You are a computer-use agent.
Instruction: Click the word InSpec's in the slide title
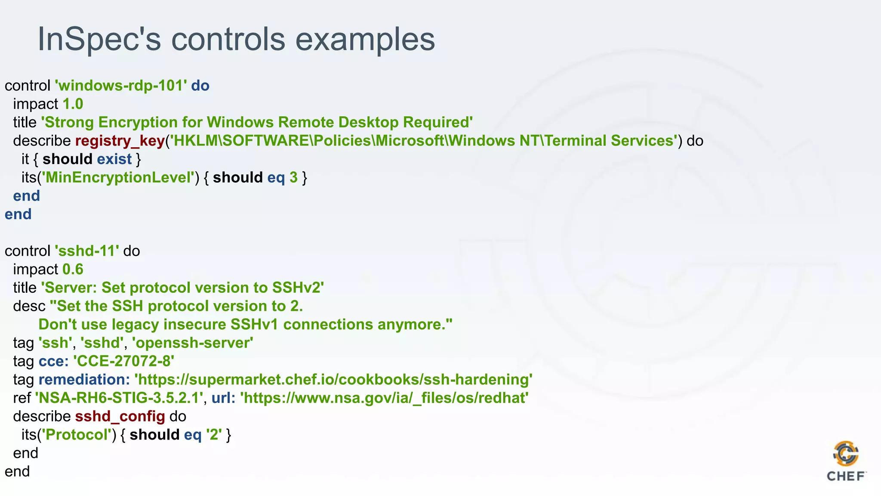99,40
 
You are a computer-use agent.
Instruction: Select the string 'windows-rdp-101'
120,86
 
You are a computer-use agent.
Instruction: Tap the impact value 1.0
73,104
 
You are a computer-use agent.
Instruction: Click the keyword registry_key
120,141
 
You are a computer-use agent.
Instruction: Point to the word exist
114,159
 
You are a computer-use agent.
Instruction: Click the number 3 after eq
293,178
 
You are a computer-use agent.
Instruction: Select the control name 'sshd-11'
86,251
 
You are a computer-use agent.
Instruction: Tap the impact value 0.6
73,270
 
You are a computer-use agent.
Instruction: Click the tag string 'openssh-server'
192,343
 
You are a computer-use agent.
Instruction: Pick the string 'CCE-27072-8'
123,361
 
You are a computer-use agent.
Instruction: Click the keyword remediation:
84,380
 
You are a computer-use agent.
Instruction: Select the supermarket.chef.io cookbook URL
333,380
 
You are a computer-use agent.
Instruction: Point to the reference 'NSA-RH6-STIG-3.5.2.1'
119,398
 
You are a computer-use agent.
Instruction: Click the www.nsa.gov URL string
384,398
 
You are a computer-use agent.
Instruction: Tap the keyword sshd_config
120,416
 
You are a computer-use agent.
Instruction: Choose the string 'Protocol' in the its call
76,435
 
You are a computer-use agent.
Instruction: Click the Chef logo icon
846,455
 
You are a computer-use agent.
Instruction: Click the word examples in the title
365,40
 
